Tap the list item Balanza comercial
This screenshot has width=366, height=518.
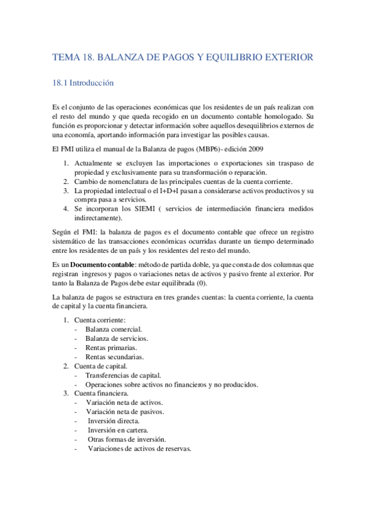pyautogui.click(x=114, y=329)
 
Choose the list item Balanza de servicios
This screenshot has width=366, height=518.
pyautogui.click(x=117, y=338)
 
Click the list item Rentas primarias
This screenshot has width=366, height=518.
pyautogui.click(x=111, y=348)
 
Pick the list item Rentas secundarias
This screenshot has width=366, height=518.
pyautogui.click(x=114, y=357)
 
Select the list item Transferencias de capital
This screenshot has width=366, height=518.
pyautogui.click(x=123, y=375)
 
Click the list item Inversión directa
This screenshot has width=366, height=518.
pyautogui.click(x=114, y=421)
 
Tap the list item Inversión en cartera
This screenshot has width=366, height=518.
pyautogui.click(x=119, y=430)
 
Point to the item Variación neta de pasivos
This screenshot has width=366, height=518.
pyautogui.click(x=125, y=412)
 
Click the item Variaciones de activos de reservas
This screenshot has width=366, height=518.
pyautogui.click(x=139, y=448)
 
